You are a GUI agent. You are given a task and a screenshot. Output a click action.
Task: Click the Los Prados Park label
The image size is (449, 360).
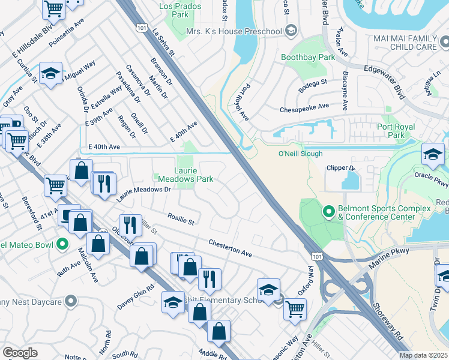click(x=174, y=10)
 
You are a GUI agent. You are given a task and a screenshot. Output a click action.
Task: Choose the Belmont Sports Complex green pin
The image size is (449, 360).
click(x=328, y=212)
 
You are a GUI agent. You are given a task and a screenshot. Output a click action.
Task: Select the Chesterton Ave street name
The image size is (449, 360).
click(x=230, y=248)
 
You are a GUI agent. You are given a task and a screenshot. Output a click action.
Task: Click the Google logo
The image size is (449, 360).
click(x=20, y=352)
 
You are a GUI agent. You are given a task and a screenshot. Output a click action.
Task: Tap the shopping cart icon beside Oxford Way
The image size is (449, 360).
click(x=295, y=308)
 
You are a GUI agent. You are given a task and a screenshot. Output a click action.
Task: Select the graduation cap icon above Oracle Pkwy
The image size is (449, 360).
click(x=433, y=155)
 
